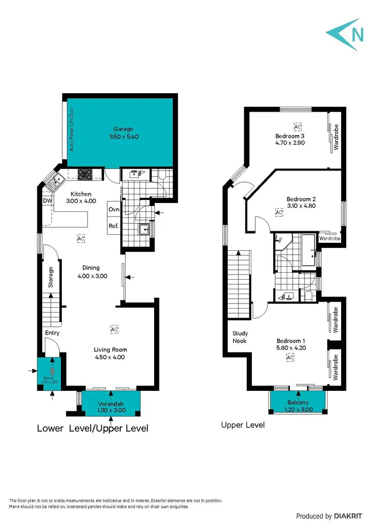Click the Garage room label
pos(123,129)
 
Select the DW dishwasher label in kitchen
pos(47,201)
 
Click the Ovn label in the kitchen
pos(114,209)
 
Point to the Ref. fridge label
pos(114,226)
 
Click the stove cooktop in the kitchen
pos(84,175)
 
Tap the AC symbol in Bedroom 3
pos(297,127)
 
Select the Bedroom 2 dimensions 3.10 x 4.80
pos(301,205)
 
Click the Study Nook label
pos(240,337)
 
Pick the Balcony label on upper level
pos(298,402)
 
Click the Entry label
pos(52,333)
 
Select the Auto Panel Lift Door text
pos(71,129)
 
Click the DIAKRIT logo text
pos(350,516)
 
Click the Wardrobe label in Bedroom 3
pos(336,137)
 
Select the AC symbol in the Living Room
pos(114,330)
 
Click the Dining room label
pos(91,268)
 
